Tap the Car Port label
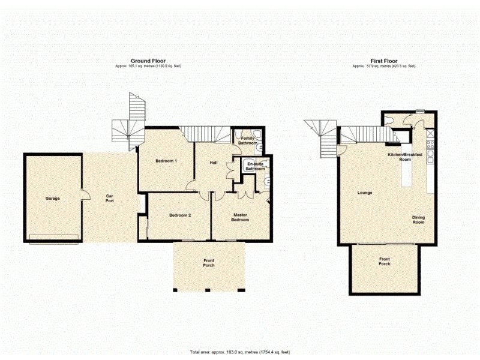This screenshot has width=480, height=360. [x=110, y=198]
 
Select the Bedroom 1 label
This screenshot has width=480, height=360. [x=166, y=161]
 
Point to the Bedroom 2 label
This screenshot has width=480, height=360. [x=179, y=215]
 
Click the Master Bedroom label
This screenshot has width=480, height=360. [x=240, y=217]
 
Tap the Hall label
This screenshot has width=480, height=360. [x=213, y=163]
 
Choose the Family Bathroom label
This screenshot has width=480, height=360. [x=247, y=141]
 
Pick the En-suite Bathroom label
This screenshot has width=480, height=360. [x=255, y=166]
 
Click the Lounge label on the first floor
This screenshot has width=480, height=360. [x=365, y=193]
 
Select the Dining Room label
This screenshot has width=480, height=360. [x=418, y=220]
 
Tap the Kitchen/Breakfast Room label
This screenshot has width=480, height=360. [x=406, y=157]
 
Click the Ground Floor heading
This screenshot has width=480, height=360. [x=149, y=61]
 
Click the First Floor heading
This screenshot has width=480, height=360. [x=384, y=61]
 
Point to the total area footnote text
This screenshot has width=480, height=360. [x=240, y=352]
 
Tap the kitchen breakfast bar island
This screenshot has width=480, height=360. [x=406, y=174]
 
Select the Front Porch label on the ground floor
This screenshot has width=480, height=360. [x=208, y=263]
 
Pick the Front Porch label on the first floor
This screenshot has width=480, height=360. [x=384, y=262]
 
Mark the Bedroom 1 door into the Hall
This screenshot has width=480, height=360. [x=191, y=184]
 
